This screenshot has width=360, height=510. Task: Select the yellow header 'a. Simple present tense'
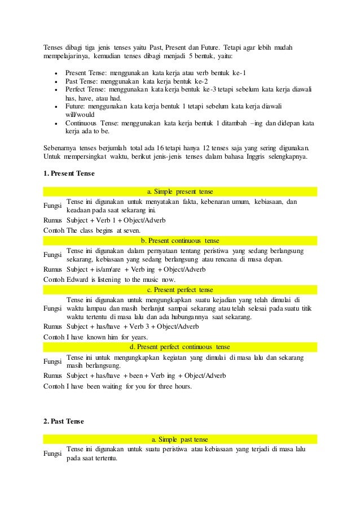point(179,191)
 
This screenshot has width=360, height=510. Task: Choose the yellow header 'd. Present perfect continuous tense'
point(179,347)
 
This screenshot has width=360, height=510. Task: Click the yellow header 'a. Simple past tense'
point(179,439)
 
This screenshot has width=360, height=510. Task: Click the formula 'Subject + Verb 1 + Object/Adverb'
point(116,220)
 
